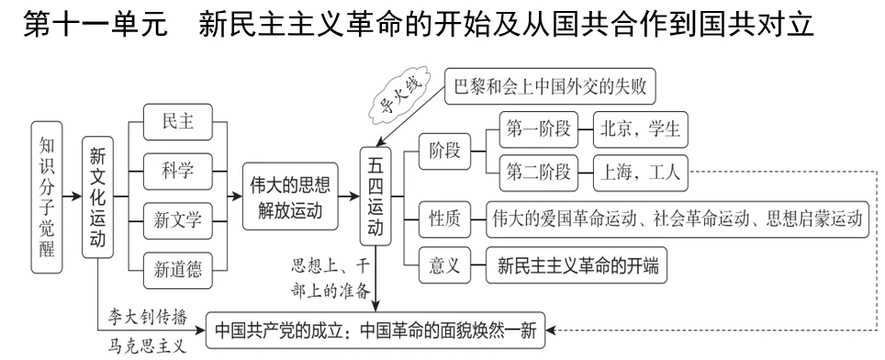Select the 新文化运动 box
click(x=97, y=197)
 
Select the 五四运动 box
click(x=375, y=197)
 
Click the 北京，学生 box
click(x=641, y=129)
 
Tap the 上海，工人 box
click(x=641, y=170)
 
